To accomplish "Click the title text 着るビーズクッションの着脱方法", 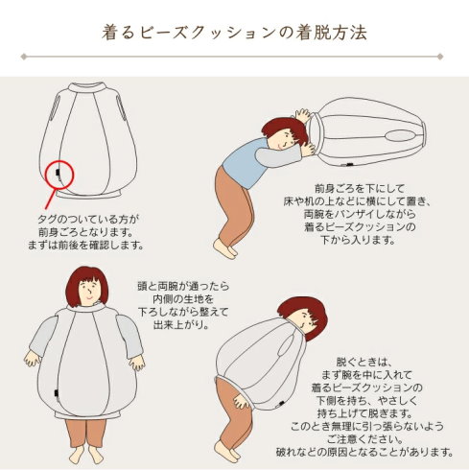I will click(x=234, y=33).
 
